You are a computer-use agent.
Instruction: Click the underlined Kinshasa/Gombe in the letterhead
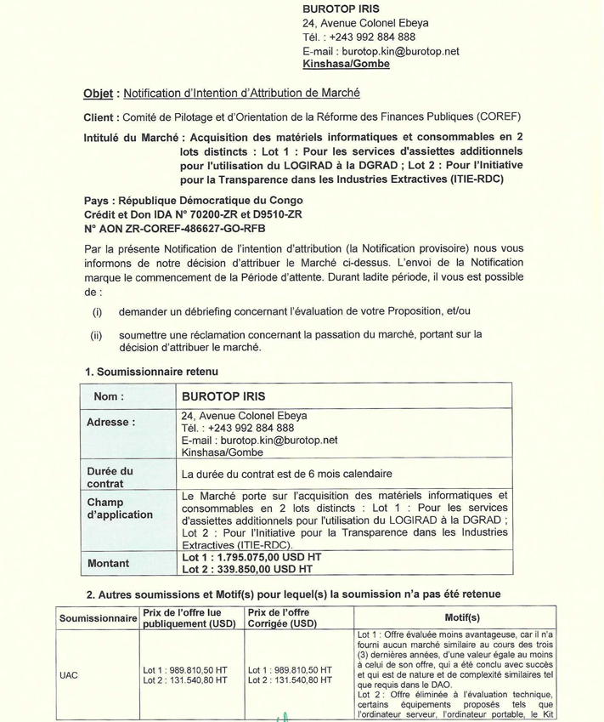[346, 64]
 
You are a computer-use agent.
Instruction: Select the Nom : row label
[110, 395]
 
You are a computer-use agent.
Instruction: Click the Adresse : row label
[111, 422]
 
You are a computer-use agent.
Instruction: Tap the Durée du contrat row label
[110, 477]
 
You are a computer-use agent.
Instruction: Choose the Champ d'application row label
[120, 508]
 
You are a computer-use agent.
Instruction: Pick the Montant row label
[108, 563]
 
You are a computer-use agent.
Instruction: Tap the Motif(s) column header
[462, 618]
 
